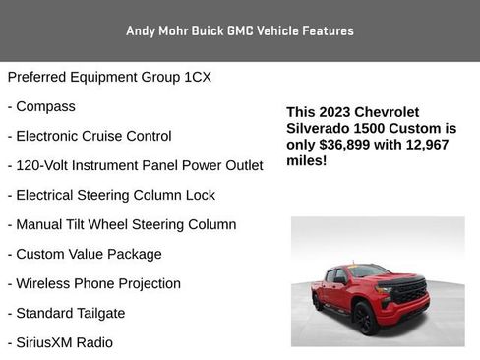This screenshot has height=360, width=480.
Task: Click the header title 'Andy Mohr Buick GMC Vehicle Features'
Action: [240, 30]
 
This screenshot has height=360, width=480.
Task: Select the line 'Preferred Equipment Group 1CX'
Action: [109, 77]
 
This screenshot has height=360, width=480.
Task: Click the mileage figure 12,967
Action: [431, 144]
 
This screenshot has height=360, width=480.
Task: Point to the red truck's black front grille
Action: [408, 290]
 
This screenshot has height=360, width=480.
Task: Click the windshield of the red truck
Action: [369, 271]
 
